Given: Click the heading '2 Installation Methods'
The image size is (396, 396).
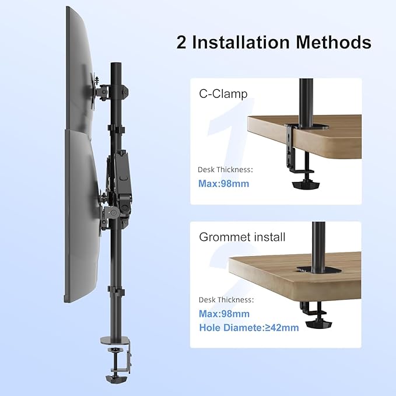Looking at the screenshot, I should pyautogui.click(x=274, y=42).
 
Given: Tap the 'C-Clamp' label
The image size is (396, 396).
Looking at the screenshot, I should pyautogui.click(x=223, y=94).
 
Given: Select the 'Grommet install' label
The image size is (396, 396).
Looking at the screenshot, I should pyautogui.click(x=242, y=237).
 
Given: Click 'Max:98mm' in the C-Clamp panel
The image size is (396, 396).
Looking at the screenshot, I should pyautogui.click(x=223, y=184).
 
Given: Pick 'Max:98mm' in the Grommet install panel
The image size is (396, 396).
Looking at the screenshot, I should pyautogui.click(x=223, y=313).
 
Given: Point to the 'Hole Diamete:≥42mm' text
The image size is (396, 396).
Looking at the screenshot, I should pyautogui.click(x=248, y=327).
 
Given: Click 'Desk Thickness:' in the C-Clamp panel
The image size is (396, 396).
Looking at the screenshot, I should pyautogui.click(x=226, y=170).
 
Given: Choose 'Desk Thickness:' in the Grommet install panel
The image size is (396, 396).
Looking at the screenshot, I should pyautogui.click(x=226, y=300).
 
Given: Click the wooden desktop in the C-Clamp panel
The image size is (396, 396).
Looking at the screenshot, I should pyautogui.click(x=327, y=134).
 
